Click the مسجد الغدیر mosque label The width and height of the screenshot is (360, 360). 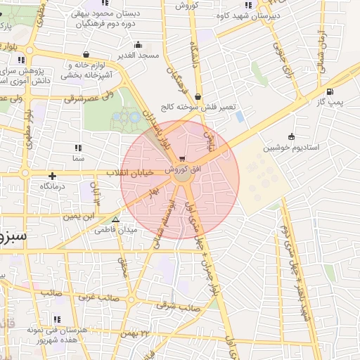coord(139,55)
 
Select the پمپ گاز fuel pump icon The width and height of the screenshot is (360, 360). coord(330,91)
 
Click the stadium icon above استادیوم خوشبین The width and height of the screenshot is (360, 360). coord(291,136)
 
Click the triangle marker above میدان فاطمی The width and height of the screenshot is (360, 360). coord(115,219)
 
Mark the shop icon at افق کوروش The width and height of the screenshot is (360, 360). coord(183,159)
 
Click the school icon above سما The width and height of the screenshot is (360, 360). coord(77,148)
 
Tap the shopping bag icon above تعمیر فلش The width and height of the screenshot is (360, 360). coord(197,97)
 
